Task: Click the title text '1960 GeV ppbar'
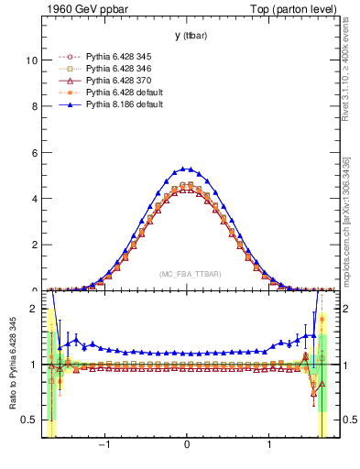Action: click(x=82, y=11)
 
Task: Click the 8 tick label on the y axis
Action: click(x=33, y=106)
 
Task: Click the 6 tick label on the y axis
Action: click(x=33, y=152)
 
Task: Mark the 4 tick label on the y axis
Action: click(x=33, y=199)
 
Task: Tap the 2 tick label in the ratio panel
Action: click(x=33, y=309)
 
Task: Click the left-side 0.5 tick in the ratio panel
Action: click(x=28, y=420)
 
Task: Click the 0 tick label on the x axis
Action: click(x=187, y=446)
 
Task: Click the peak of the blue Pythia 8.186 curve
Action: click(x=187, y=169)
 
